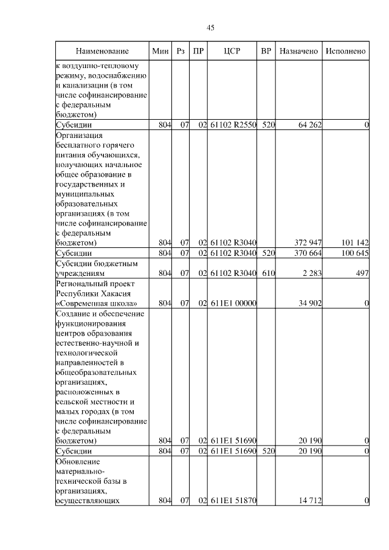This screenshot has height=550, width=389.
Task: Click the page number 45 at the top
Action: click(x=210, y=27)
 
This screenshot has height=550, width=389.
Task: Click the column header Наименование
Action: click(x=102, y=51)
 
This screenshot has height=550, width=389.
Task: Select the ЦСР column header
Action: click(x=233, y=51)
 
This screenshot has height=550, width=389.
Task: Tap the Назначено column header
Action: click(x=298, y=51)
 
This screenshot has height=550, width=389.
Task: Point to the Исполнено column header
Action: click(x=345, y=51)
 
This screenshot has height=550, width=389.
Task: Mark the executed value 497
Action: click(x=362, y=273)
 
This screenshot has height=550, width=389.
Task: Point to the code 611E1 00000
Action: click(x=233, y=303)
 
